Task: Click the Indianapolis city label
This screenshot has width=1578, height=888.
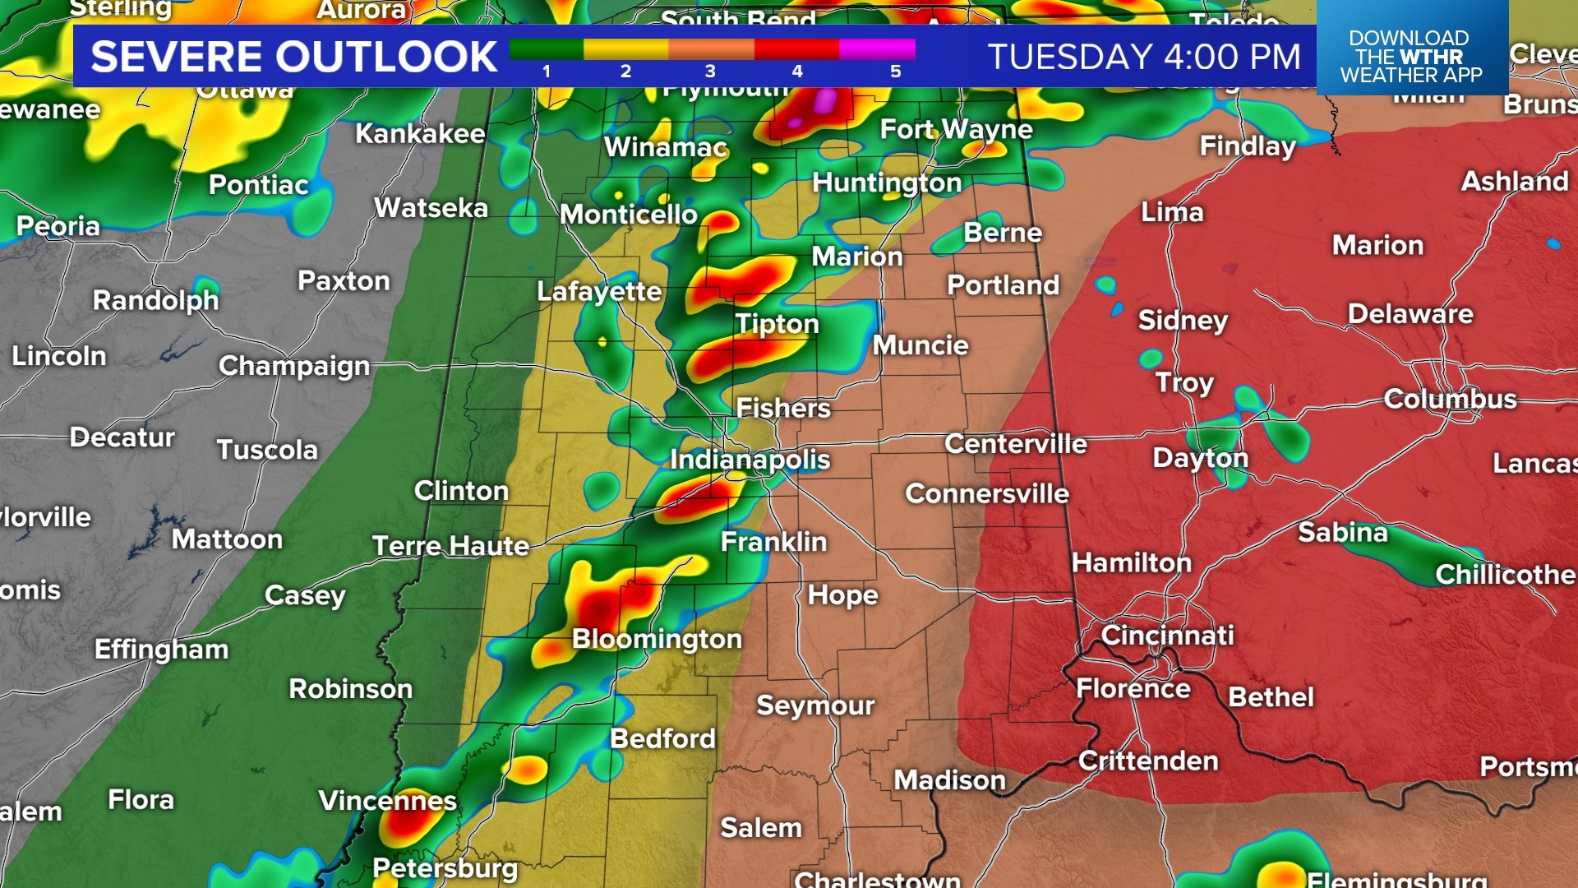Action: pyautogui.click(x=750, y=459)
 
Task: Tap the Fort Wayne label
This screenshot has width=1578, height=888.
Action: pyautogui.click(x=956, y=129)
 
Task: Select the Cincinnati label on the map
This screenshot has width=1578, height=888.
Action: pyautogui.click(x=1167, y=635)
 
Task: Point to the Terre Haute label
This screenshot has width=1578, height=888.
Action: pyautogui.click(x=450, y=545)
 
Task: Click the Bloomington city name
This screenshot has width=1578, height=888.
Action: pyautogui.click(x=657, y=639)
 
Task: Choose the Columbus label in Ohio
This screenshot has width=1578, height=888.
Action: pyautogui.click(x=1450, y=399)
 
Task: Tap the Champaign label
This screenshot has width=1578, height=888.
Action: pyautogui.click(x=294, y=366)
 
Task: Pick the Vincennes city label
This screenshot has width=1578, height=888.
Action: pyautogui.click(x=387, y=800)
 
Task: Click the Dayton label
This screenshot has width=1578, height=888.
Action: pyautogui.click(x=1200, y=458)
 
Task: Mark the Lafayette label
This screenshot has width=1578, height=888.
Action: pyautogui.click(x=599, y=291)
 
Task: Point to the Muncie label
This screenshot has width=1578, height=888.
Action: pyautogui.click(x=920, y=345)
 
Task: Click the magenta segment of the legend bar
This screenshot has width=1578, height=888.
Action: pyautogui.click(x=877, y=49)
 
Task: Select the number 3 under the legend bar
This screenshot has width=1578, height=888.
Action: pyautogui.click(x=710, y=72)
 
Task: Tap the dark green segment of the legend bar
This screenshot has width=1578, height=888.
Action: pyautogui.click(x=546, y=49)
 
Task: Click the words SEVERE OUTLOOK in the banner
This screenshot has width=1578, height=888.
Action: pyautogui.click(x=293, y=57)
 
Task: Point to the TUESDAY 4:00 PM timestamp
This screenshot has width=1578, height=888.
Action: pyautogui.click(x=1144, y=57)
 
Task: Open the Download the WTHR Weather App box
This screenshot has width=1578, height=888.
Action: pyautogui.click(x=1411, y=56)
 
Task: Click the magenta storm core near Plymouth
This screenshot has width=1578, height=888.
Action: pyautogui.click(x=824, y=102)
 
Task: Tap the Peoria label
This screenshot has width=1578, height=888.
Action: pyautogui.click(x=58, y=226)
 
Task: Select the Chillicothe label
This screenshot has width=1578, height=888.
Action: pyautogui.click(x=1505, y=574)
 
